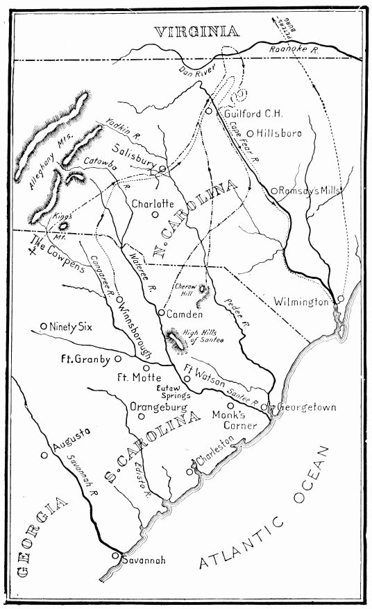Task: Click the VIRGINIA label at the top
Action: [196, 31]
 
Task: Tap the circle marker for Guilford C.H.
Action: [208, 110]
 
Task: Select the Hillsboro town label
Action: [279, 132]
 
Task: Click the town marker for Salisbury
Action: [162, 169]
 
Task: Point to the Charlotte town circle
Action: [155, 214]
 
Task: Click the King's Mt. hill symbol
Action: [64, 224]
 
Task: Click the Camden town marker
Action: [160, 313]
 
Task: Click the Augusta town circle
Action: [44, 455]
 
